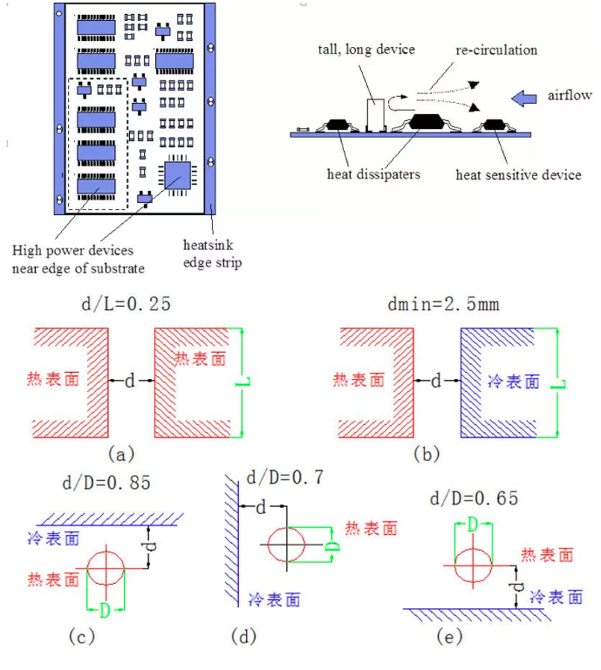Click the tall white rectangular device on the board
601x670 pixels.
[x=376, y=114]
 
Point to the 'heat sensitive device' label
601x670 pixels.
[x=518, y=174]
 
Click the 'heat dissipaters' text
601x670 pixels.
[x=373, y=173]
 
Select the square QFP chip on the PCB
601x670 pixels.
[x=177, y=175]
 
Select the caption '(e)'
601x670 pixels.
[x=447, y=637]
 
